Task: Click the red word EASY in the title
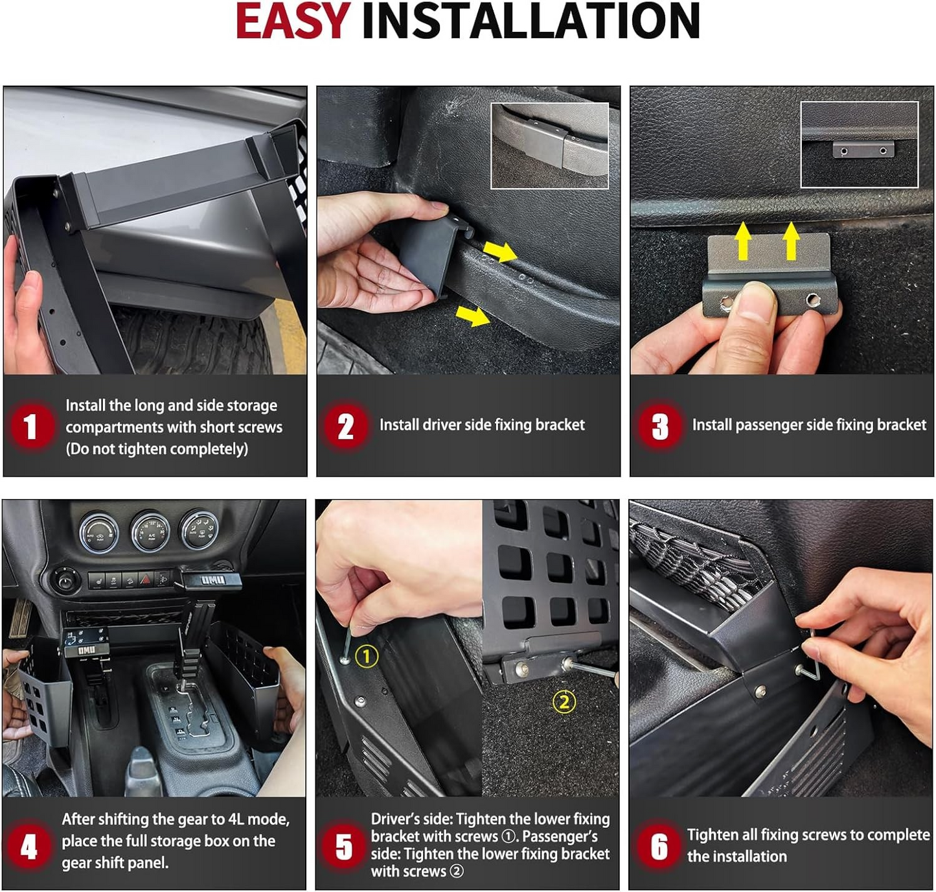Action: (x=292, y=21)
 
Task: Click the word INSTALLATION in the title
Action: (x=531, y=21)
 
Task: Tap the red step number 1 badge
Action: (x=30, y=427)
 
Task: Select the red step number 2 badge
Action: (x=345, y=426)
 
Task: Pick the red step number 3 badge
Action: (x=659, y=427)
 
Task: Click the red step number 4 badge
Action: (x=29, y=847)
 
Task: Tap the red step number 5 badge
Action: (x=343, y=847)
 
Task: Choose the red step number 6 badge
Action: (x=658, y=847)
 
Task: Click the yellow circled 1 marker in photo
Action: (x=367, y=656)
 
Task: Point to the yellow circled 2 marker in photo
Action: (x=564, y=701)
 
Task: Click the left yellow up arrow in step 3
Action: (x=743, y=241)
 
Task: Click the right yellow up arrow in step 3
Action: (x=790, y=241)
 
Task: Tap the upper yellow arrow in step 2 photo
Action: (x=499, y=251)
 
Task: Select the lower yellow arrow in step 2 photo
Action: (x=472, y=316)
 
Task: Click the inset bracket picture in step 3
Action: (x=859, y=145)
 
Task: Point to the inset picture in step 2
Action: (x=549, y=145)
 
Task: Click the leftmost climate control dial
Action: (x=99, y=532)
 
